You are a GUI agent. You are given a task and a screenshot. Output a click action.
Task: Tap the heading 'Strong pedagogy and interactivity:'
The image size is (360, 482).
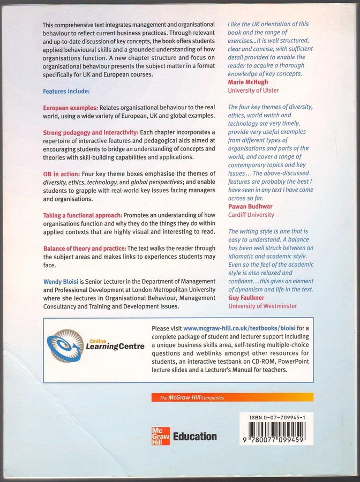(91, 132)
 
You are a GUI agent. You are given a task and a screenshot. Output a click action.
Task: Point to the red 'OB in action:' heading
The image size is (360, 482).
(62, 174)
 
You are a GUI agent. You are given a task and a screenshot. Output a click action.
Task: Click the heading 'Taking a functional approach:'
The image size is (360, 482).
(82, 215)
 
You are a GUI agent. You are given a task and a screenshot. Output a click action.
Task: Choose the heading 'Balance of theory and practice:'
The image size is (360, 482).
(85, 248)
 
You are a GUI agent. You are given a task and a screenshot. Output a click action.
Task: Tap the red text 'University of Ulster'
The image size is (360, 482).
(253, 91)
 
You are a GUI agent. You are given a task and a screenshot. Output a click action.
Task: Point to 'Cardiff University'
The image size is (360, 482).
(251, 215)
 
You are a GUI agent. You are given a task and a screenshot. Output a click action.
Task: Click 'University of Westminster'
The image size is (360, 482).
(262, 306)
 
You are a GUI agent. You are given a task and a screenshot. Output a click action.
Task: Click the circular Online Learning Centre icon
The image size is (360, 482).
(65, 346)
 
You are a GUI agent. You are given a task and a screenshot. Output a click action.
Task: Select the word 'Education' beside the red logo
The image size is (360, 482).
(195, 436)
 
